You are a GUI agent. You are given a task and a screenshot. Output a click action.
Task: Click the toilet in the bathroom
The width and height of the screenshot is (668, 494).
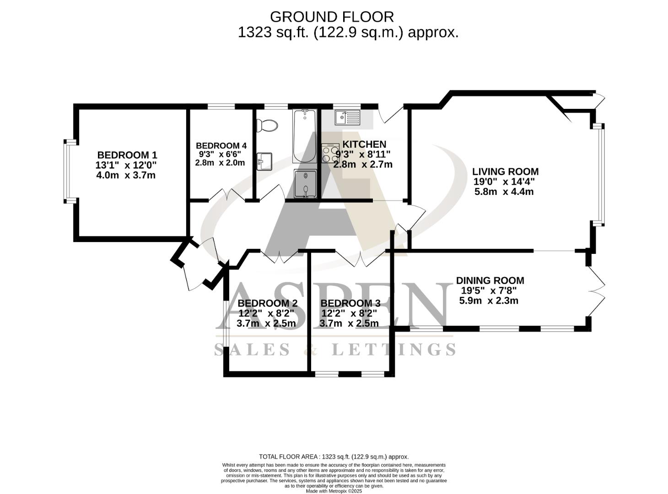tap(267, 125)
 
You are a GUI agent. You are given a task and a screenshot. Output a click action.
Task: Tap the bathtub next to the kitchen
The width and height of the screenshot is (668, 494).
tap(304, 136)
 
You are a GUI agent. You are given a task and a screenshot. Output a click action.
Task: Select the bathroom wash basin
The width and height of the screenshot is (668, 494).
tap(264, 161)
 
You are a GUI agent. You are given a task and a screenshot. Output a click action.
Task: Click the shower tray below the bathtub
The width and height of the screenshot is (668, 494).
tap(305, 184)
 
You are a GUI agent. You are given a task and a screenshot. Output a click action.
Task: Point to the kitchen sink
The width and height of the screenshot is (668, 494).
tap(347, 118)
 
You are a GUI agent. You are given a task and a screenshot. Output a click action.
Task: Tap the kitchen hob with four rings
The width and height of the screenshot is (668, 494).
tap(330, 153)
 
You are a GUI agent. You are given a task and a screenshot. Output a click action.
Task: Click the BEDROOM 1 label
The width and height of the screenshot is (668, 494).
tap(127, 155)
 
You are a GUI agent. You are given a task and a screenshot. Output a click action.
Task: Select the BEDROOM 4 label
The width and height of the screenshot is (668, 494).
tap(221, 146)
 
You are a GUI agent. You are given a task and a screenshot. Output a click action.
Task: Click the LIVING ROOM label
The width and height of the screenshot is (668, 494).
tap(505, 172)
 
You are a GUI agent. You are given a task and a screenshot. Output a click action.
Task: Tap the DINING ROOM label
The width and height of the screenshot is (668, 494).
tap(490, 280)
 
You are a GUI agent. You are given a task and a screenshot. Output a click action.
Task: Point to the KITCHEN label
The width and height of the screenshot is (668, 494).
tap(364, 144)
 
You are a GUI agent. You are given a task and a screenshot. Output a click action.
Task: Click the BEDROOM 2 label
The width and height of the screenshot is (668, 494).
tap(268, 303)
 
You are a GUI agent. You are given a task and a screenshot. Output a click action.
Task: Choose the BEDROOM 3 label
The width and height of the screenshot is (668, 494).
tap(350, 303)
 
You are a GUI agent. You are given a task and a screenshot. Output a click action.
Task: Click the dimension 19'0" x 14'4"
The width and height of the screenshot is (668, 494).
tap(504, 182)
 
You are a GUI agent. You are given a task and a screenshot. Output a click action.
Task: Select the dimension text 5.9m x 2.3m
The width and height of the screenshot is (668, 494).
tap(489, 301)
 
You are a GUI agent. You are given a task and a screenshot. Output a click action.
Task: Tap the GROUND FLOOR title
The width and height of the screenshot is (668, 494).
tap(332, 17)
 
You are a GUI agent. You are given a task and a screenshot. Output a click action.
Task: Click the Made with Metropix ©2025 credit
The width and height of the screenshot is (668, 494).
tap(334, 491)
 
